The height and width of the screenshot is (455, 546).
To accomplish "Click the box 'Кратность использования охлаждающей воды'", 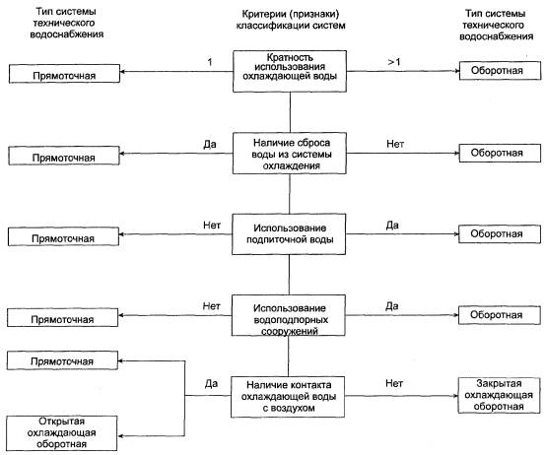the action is click(290, 71).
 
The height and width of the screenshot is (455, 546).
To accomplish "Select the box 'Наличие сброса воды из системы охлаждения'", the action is click(290, 153).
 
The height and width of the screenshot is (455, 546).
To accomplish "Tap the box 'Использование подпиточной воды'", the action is click(289, 234).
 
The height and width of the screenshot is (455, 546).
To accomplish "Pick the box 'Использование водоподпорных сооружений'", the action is click(289, 315).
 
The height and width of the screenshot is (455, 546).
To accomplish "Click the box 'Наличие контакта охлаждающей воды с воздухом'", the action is click(288, 397).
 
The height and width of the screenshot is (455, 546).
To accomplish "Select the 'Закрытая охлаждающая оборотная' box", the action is click(499, 395).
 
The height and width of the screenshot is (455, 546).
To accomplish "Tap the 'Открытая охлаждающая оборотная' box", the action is click(62, 433).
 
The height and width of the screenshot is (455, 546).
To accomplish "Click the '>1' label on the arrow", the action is click(394, 62).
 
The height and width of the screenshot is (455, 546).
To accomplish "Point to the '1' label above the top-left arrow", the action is click(210, 62).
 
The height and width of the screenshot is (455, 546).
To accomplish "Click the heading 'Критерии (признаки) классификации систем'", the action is click(291, 20).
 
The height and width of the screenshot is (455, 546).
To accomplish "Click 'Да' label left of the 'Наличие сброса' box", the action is click(210, 144).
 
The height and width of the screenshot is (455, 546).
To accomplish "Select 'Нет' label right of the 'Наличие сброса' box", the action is click(395, 144).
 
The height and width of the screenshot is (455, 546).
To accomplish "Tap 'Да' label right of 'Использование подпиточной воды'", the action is click(392, 226).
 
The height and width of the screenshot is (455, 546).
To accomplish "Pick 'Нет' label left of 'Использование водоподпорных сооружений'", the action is click(211, 306).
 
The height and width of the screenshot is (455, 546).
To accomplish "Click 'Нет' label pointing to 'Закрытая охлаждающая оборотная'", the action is click(394, 383).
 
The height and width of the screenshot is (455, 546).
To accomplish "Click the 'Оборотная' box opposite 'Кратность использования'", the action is click(501, 71).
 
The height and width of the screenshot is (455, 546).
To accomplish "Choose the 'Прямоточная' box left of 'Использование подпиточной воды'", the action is click(63, 237).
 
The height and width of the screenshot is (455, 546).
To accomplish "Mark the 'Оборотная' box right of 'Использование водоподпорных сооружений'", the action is click(500, 315).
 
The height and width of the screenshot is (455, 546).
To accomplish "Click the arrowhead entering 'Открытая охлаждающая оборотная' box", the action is click(120, 436).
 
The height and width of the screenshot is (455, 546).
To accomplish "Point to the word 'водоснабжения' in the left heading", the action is click(67, 34).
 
